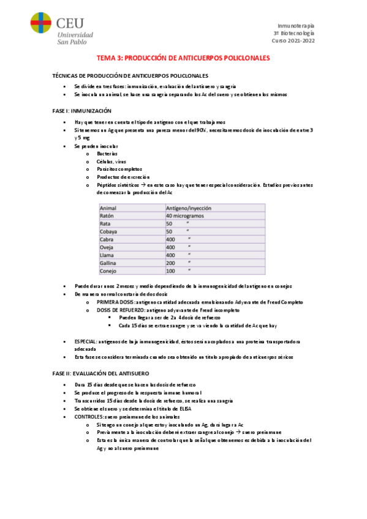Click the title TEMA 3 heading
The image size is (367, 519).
coord(183,58)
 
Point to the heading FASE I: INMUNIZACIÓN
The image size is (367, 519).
coord(81,111)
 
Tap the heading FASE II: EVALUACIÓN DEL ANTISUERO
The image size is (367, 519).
coord(100,373)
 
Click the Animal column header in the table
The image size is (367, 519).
coord(108,208)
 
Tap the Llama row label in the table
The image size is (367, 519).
coord(107,255)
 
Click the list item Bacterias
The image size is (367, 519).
coord(107,153)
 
